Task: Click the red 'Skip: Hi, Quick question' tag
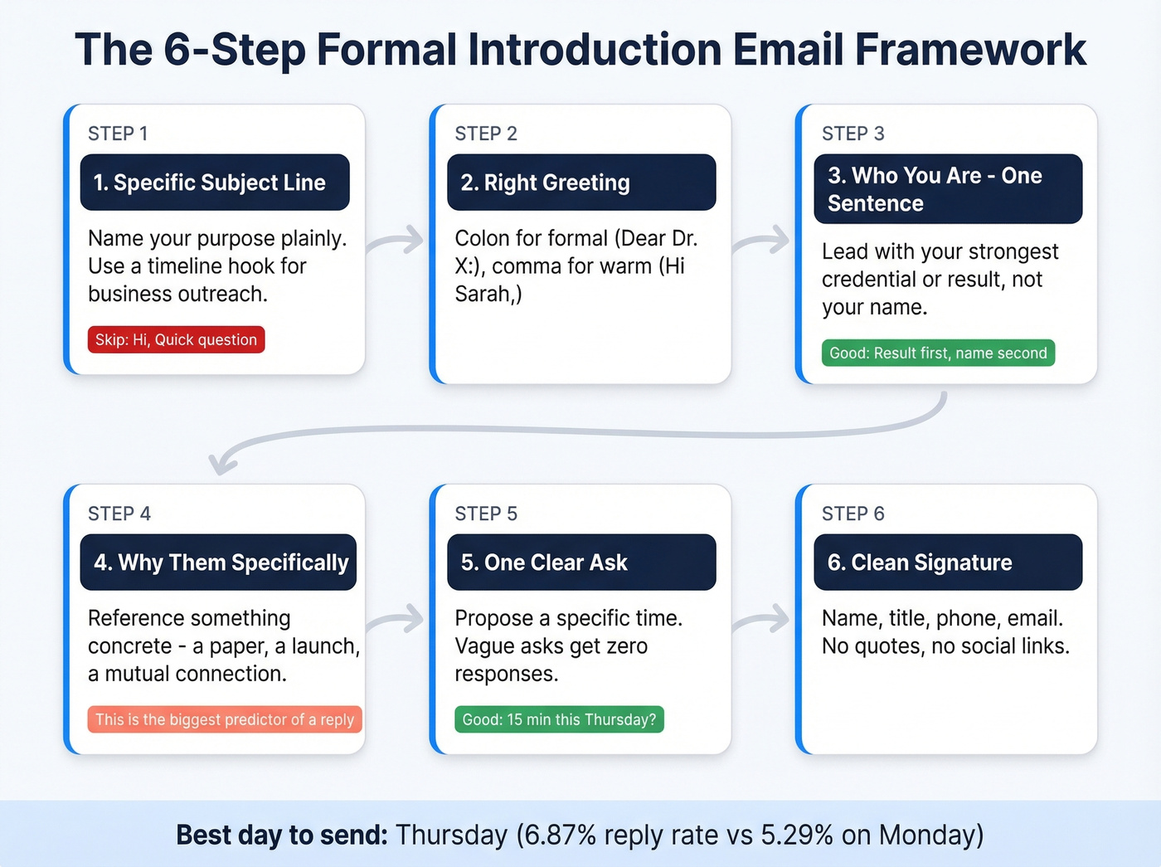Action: point(176,340)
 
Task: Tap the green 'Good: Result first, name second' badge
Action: point(938,353)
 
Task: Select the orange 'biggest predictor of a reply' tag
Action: point(225,720)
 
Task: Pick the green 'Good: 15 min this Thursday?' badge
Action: point(559,720)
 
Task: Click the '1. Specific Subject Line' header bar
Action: point(215,183)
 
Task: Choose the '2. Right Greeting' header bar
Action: point(581,183)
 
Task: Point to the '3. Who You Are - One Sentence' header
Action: point(948,189)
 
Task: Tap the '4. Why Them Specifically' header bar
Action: point(218,563)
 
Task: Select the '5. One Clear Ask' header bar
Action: point(581,563)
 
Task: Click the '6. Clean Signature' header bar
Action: point(948,563)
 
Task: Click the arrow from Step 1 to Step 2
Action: point(396,241)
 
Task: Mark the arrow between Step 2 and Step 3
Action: point(762,241)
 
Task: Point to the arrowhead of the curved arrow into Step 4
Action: point(220,464)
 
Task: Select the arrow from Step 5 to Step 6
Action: point(762,619)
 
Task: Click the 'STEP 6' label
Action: point(853,514)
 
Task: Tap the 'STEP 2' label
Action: point(486,134)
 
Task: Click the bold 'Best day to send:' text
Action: point(282,835)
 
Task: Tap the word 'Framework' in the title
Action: point(970,50)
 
